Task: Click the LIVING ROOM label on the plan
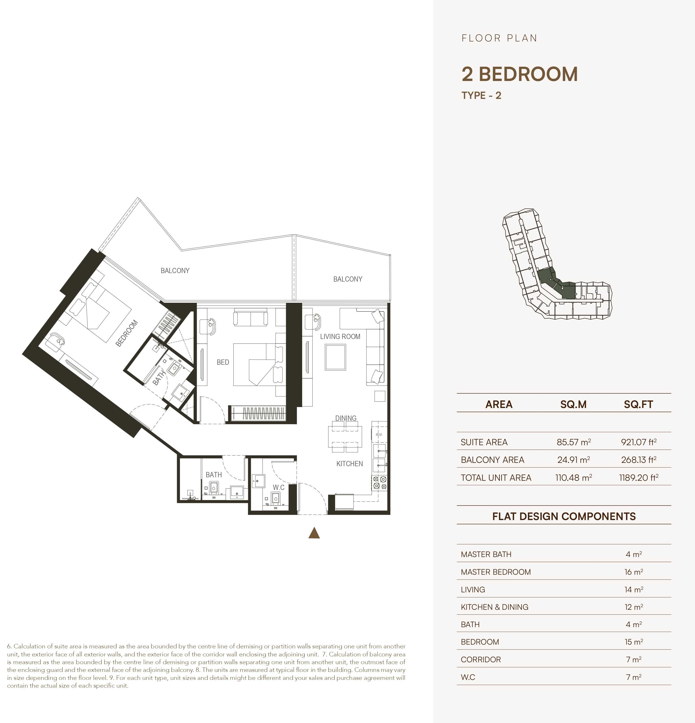[340, 336]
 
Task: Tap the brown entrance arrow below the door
[314, 533]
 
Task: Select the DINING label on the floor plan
[346, 418]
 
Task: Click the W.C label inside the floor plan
[279, 487]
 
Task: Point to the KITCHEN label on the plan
[350, 464]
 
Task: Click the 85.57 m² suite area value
[573, 442]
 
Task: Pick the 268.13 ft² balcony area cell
[638, 460]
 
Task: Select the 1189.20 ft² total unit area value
[638, 478]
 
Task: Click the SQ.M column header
[573, 404]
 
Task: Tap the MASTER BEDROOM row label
[496, 572]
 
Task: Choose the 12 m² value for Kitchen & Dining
[634, 607]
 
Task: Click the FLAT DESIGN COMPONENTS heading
[564, 516]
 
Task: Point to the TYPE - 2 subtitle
[481, 96]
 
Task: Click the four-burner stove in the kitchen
[379, 483]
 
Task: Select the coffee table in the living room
[336, 357]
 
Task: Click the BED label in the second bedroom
[223, 362]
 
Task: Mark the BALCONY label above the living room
[348, 279]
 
